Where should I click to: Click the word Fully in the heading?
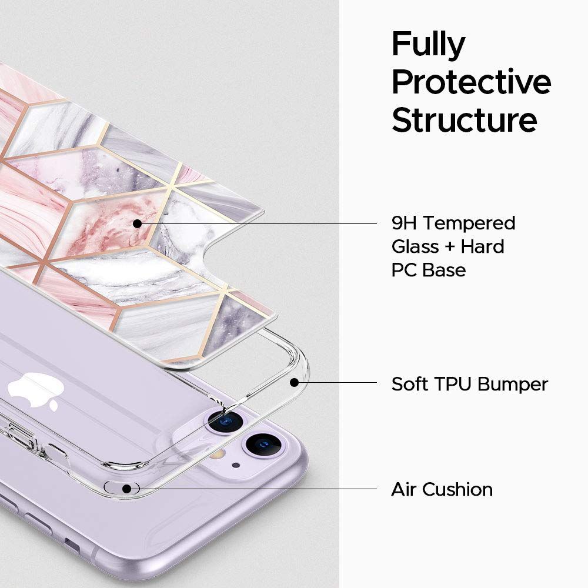tap(428, 46)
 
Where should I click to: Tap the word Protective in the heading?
tap(471, 82)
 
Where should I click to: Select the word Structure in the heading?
tap(465, 119)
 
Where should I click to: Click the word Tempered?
tap(469, 223)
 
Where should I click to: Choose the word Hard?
tap(482, 247)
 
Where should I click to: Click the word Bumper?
tap(513, 385)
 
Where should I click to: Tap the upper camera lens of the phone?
tap(226, 420)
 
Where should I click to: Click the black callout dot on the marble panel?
tap(137, 223)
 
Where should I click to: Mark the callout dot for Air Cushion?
tap(126, 488)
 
